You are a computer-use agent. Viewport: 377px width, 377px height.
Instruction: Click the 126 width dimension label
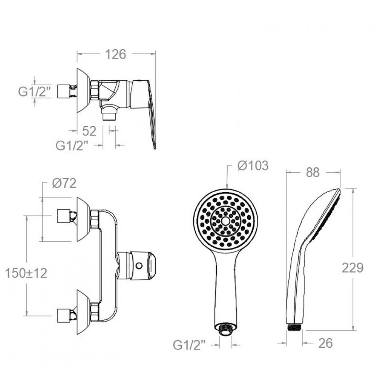(116, 54)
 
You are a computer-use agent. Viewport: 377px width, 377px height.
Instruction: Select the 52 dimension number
(89, 131)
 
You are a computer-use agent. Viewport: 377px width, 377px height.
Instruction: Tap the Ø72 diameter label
(64, 184)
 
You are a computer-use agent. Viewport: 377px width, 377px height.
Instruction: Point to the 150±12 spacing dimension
(26, 273)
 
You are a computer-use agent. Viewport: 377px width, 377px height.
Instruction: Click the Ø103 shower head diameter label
(253, 166)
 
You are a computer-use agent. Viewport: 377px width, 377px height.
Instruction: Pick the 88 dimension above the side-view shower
(313, 172)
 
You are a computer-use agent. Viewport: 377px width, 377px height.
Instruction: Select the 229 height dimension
(352, 268)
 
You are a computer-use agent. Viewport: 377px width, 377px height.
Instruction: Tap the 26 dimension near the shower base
(326, 343)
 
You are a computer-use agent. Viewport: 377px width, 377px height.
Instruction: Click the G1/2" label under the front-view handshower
(189, 345)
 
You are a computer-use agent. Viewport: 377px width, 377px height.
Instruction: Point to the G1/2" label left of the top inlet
(35, 91)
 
